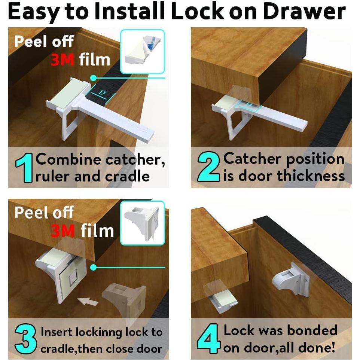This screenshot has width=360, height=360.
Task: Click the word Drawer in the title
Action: click(304, 12)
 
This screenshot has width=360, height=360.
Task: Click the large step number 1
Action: click(24, 168)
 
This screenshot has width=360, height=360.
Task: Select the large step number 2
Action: click(208, 167)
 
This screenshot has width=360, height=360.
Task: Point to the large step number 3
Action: click(25, 339)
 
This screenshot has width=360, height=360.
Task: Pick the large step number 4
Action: click(208, 338)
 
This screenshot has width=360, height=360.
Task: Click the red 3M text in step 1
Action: click(62, 60)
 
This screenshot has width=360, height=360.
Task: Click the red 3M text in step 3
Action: click(62, 231)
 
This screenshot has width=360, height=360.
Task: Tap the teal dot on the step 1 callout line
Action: click(94, 78)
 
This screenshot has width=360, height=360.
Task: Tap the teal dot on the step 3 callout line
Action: click(94, 267)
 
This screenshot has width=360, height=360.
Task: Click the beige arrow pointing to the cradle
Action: click(88, 301)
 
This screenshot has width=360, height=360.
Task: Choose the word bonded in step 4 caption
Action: click(312, 330)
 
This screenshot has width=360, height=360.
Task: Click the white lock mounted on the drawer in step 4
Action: click(291, 280)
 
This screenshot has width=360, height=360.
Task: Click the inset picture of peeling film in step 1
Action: click(143, 52)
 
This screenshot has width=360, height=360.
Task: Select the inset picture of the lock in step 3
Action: click(143, 223)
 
